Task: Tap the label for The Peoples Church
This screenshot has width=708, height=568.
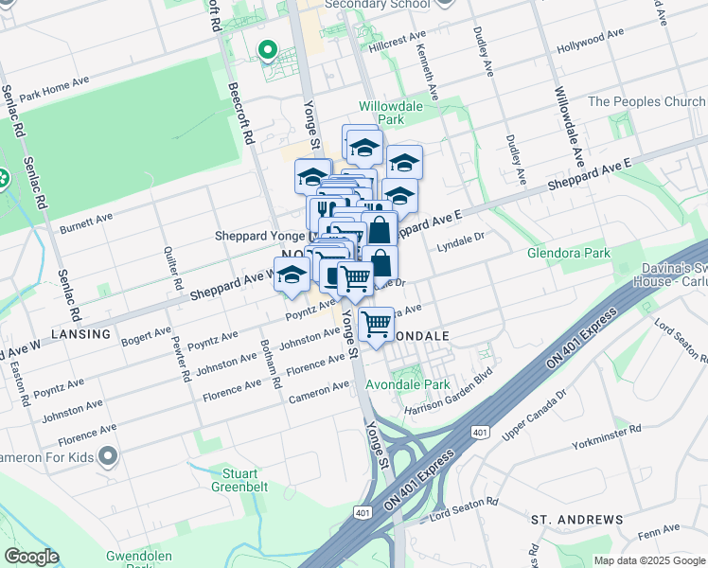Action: pyautogui.click(x=646, y=101)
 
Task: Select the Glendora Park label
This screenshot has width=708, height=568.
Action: pyautogui.click(x=570, y=253)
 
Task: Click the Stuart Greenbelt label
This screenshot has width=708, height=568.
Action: pyautogui.click(x=244, y=480)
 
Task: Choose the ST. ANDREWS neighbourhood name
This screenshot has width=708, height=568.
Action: pyautogui.click(x=576, y=520)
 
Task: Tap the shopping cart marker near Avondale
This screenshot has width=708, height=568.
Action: pyautogui.click(x=377, y=325)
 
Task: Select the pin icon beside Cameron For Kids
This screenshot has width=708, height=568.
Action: pyautogui.click(x=109, y=457)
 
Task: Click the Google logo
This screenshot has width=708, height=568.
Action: pyautogui.click(x=31, y=557)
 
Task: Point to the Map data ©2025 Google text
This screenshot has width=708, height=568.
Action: pyautogui.click(x=649, y=560)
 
